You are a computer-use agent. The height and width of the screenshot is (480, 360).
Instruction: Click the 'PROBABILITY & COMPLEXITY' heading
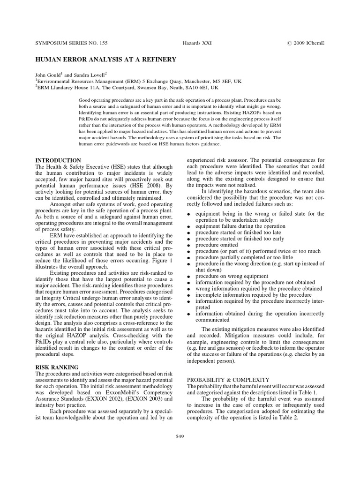coord(228,379)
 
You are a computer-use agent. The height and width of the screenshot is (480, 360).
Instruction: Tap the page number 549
coord(180,436)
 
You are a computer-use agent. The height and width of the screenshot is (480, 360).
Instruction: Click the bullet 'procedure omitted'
coord(217,245)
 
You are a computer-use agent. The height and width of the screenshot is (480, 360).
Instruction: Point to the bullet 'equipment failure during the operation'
coord(240,226)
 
